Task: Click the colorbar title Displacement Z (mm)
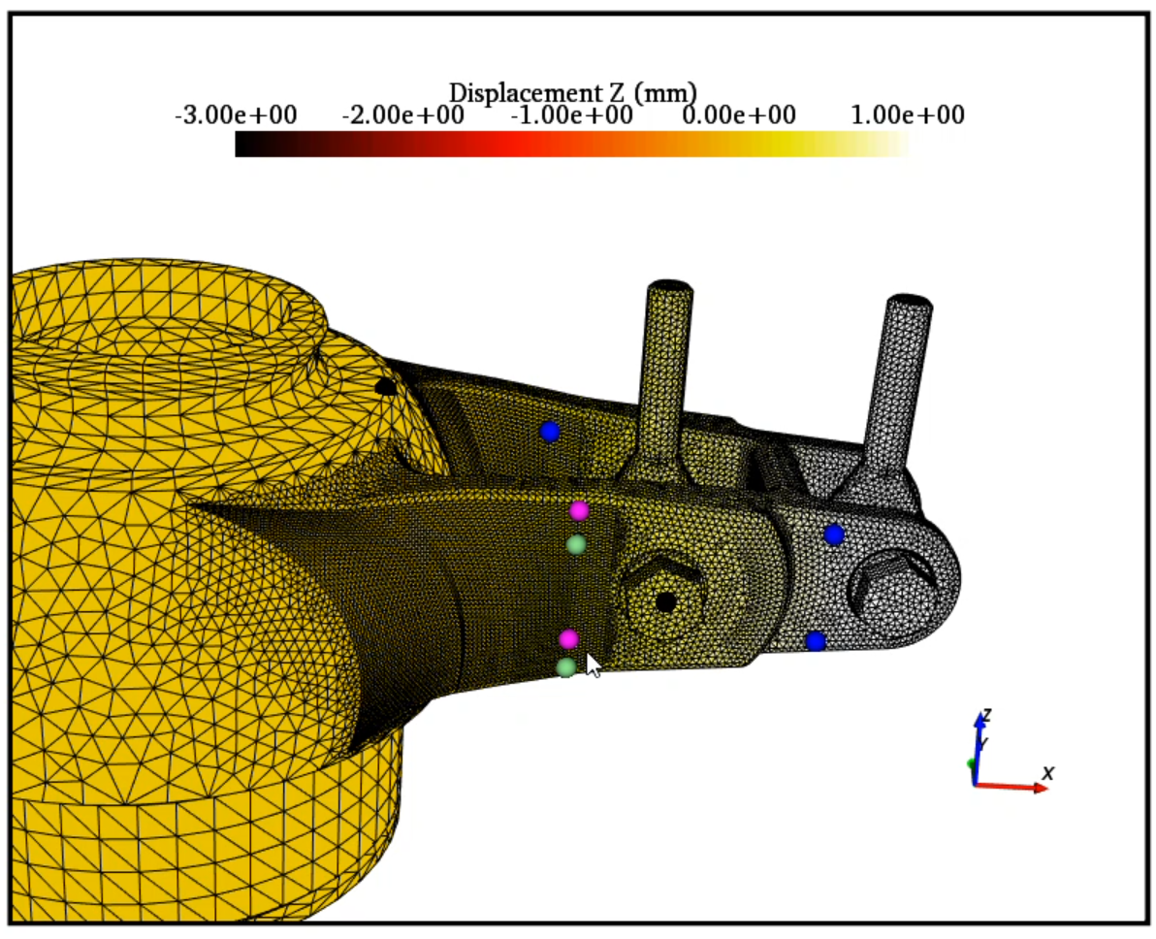(573, 93)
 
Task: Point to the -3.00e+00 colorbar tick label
(236, 115)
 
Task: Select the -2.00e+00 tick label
(403, 115)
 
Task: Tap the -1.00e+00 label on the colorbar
(571, 115)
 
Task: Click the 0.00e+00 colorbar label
(739, 115)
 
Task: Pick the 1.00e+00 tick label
(908, 115)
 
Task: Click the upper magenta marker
(580, 509)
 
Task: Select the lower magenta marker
(568, 638)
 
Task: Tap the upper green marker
(576, 544)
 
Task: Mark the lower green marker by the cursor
(565, 666)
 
